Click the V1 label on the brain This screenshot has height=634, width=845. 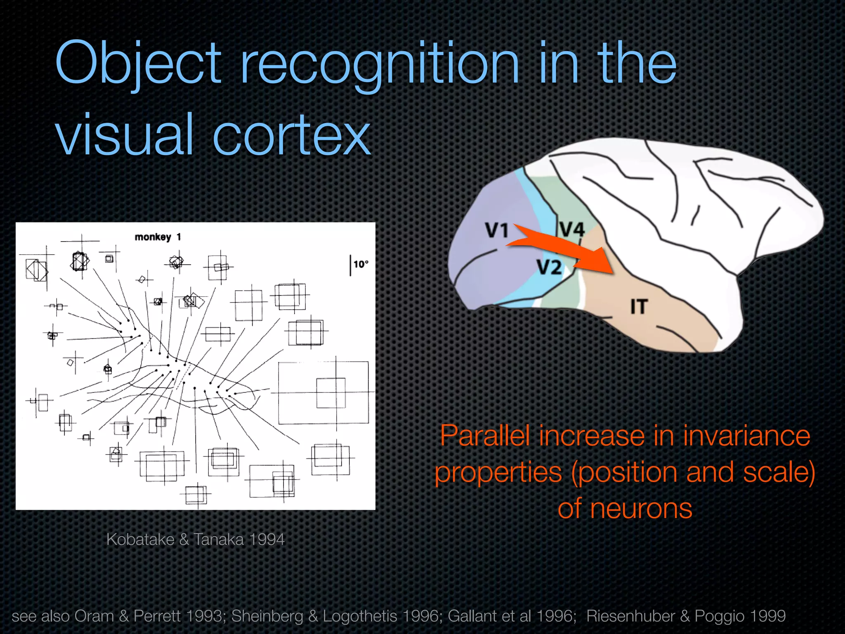496,230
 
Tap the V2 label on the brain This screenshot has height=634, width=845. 549,267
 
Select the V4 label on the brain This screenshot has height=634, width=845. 572,229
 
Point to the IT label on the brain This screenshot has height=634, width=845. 639,307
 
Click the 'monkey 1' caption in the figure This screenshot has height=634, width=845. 158,237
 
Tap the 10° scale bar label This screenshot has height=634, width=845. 361,264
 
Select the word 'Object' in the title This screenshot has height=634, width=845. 138,64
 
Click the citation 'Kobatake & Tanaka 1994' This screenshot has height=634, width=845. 196,539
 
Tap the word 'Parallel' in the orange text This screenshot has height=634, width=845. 486,436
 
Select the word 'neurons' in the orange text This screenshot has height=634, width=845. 641,509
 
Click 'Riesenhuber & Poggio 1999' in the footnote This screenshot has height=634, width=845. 686,616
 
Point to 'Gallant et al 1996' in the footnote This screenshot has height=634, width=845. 512,616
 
